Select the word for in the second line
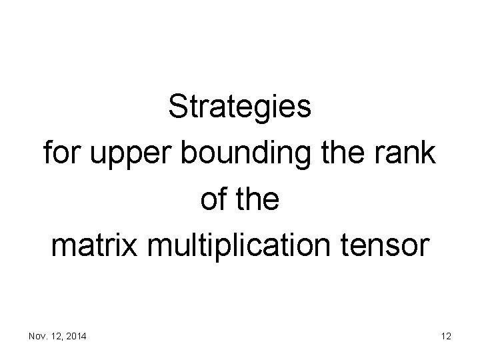click(x=59, y=154)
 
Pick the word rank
click(x=408, y=154)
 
